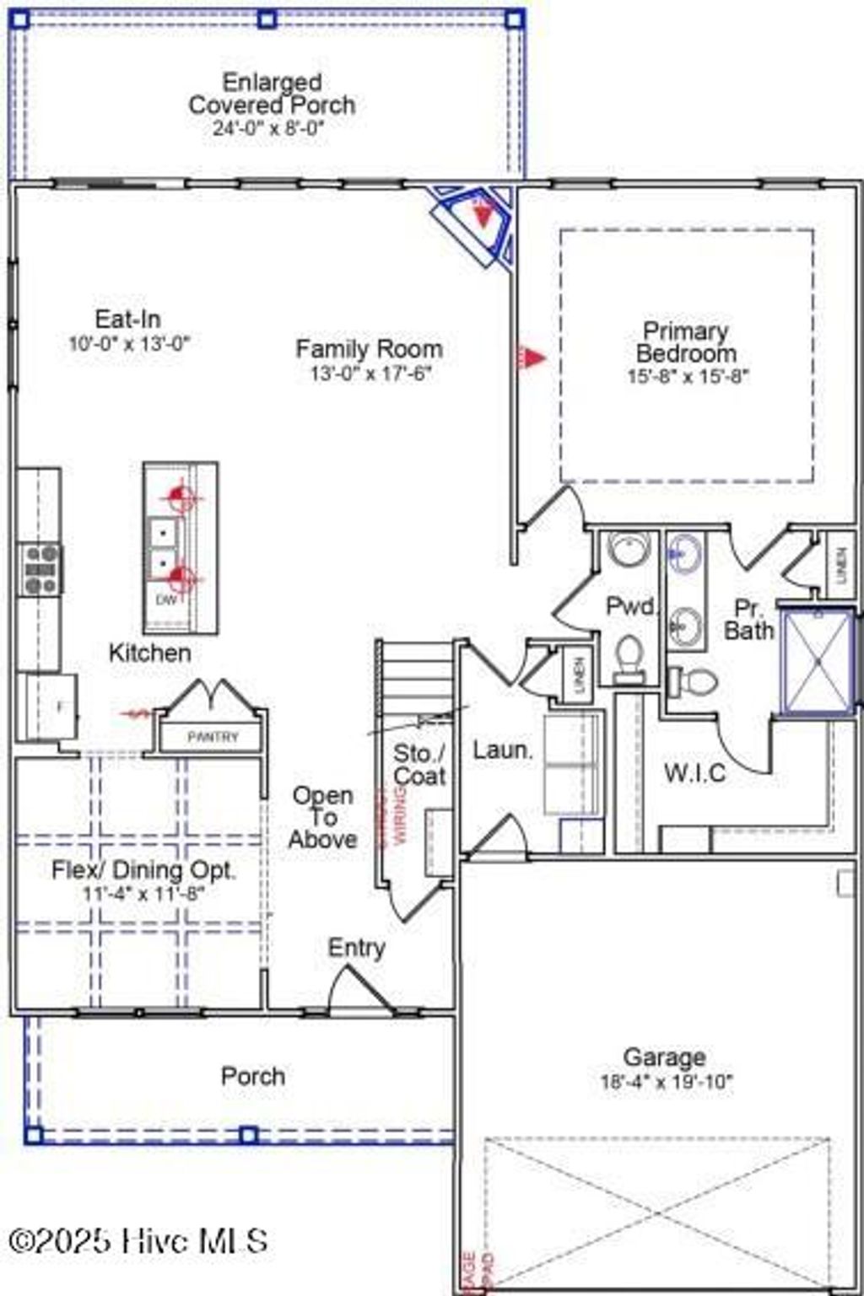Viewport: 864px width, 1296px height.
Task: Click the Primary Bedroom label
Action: tap(686, 341)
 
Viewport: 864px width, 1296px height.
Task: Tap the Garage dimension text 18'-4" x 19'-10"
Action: tap(666, 1082)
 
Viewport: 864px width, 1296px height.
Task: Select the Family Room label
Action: tap(369, 348)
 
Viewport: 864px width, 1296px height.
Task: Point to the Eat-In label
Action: tap(127, 319)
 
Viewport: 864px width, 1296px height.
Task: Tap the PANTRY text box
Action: tap(213, 737)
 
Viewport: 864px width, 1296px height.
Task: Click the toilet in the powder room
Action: tap(629, 658)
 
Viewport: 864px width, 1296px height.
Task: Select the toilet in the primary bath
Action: tap(694, 680)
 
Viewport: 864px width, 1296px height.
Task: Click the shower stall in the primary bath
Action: tap(817, 662)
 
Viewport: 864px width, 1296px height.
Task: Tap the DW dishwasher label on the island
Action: tap(167, 600)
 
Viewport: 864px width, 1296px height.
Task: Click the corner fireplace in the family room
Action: tap(478, 223)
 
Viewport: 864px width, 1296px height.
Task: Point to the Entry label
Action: tap(356, 948)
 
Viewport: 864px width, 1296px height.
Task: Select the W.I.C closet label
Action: tap(694, 772)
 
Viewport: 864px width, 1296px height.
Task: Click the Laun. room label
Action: tap(502, 750)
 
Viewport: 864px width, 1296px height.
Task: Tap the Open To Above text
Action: tap(322, 817)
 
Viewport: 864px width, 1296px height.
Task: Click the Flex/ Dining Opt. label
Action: tap(143, 869)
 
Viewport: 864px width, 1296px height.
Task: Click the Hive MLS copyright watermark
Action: tap(138, 1240)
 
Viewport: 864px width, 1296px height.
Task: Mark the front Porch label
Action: tap(252, 1076)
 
